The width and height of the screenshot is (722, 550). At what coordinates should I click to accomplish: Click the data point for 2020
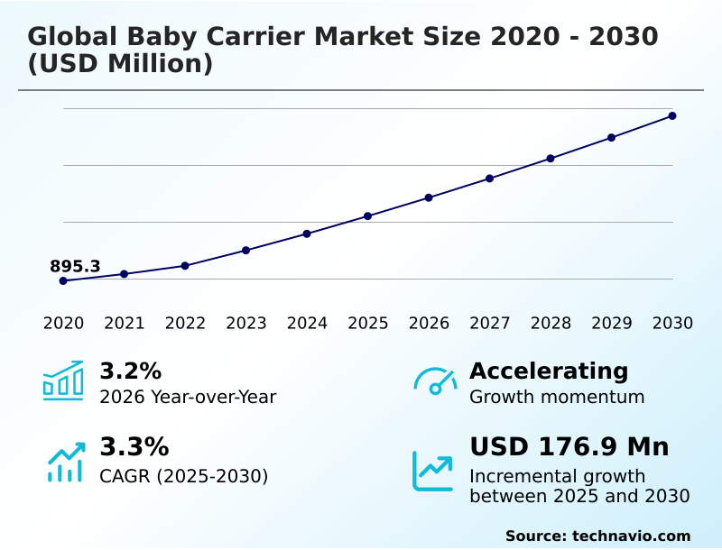[63, 280]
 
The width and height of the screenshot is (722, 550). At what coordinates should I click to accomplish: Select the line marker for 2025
[368, 216]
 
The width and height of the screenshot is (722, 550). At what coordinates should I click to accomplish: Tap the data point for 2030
[672, 115]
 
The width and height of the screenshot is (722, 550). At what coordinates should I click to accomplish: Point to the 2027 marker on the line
[489, 179]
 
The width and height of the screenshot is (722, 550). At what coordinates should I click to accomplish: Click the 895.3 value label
[75, 266]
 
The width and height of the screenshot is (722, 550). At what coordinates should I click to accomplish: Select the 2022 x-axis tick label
[185, 324]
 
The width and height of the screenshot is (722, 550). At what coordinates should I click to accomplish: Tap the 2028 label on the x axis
[551, 324]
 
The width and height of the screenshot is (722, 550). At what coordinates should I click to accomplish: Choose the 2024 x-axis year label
[307, 324]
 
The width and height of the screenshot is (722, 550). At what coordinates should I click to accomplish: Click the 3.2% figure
[130, 371]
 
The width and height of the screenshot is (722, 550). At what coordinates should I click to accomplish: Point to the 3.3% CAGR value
[134, 447]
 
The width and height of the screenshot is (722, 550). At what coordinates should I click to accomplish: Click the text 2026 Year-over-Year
[188, 397]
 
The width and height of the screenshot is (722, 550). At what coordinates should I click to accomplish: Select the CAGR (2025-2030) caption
[183, 476]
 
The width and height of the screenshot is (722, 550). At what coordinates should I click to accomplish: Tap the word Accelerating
[549, 371]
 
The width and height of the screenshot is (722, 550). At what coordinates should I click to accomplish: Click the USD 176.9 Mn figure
[569, 447]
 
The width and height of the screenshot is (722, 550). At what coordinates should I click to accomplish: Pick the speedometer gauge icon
[435, 381]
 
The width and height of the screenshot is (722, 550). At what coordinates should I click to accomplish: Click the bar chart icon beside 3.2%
[63, 380]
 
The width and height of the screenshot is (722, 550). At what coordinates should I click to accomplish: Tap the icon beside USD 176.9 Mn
[433, 470]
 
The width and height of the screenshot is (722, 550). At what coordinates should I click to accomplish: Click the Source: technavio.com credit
[597, 536]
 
